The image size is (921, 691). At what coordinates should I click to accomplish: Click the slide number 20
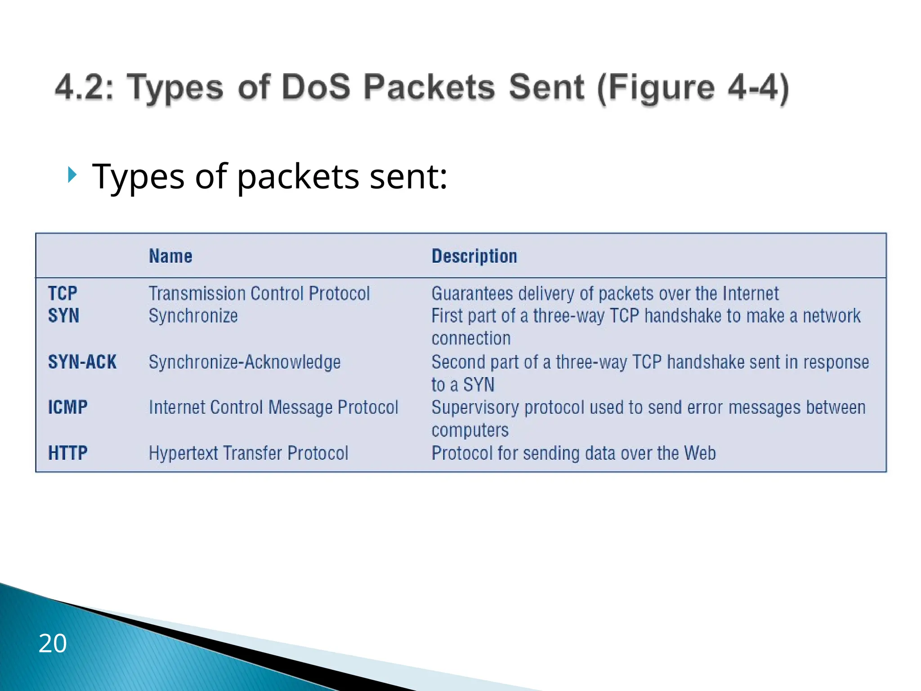point(53,643)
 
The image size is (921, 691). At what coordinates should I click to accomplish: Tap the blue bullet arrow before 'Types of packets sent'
point(72,175)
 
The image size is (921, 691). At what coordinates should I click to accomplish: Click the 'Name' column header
point(170,256)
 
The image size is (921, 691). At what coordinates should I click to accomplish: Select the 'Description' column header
point(474,256)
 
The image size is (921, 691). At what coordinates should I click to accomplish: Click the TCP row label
point(63,294)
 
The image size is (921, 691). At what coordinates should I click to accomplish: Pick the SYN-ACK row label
point(82,362)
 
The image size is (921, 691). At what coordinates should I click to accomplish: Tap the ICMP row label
point(68,408)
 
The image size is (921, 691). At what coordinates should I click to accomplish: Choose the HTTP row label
point(68,453)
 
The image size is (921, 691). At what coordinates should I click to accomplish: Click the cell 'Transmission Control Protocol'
point(259,294)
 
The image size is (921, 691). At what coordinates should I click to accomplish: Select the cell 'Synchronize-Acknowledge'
point(245,362)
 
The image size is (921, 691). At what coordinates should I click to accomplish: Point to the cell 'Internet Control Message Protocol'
point(273,408)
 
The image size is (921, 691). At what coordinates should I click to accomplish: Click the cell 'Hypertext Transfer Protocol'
point(248,453)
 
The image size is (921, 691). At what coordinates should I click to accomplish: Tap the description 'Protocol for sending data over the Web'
point(573,453)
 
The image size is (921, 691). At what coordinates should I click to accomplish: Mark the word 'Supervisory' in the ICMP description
point(475,408)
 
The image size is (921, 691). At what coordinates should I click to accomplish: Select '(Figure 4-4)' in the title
point(693,88)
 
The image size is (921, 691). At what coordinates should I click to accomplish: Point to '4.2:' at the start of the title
point(85,87)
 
